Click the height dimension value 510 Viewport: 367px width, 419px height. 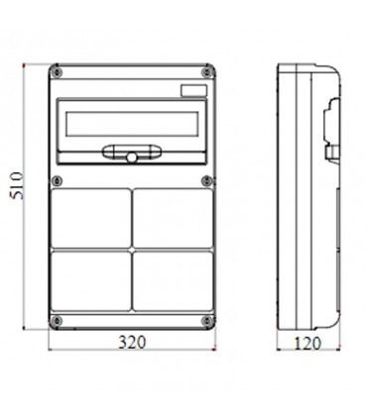pyautogui.click(x=15, y=198)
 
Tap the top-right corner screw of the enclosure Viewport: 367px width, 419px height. pyautogui.click(x=206, y=72)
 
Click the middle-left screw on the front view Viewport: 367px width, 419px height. pyautogui.click(x=58, y=180)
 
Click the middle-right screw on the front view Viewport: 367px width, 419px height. pyautogui.click(x=206, y=180)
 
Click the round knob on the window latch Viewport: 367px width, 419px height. pyautogui.click(x=129, y=157)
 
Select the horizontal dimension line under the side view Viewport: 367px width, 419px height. pyautogui.click(x=309, y=353)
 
